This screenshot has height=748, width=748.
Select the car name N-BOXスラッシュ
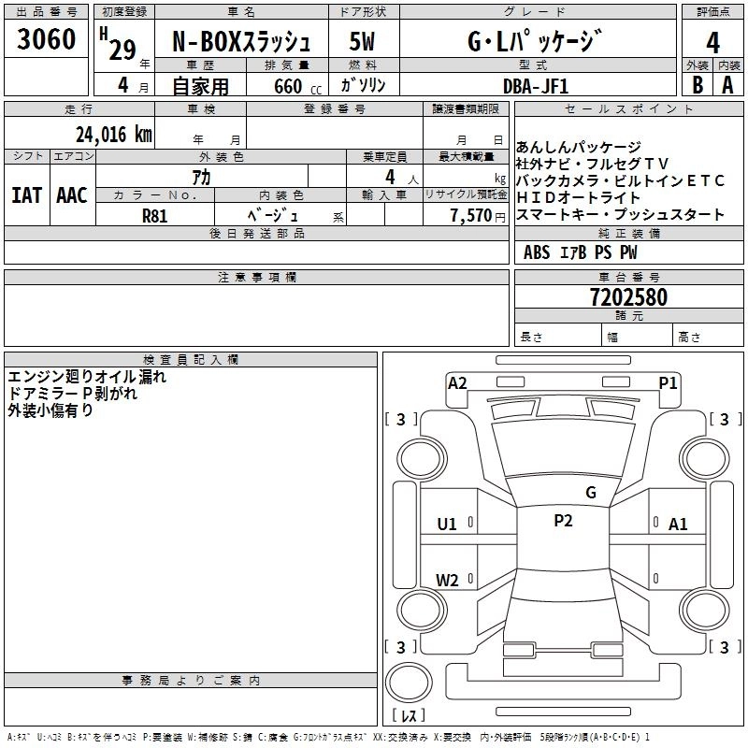[x=240, y=42]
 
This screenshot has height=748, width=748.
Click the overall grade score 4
[x=712, y=42]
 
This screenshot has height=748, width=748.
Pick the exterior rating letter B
[x=698, y=83]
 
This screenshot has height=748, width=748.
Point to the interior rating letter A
[x=728, y=83]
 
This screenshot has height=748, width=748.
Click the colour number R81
[x=154, y=214]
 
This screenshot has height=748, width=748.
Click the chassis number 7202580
[x=628, y=298]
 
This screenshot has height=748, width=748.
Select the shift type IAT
[x=26, y=194]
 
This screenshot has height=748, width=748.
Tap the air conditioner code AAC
[x=71, y=194]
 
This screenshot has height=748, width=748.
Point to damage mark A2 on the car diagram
[x=457, y=382]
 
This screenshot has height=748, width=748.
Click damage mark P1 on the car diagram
[x=668, y=382]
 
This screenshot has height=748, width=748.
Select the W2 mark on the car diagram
[x=447, y=580]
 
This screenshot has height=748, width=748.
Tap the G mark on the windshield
[x=590, y=492]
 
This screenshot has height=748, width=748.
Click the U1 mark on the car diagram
[x=447, y=525]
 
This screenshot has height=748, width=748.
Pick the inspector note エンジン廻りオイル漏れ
[x=86, y=377]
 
